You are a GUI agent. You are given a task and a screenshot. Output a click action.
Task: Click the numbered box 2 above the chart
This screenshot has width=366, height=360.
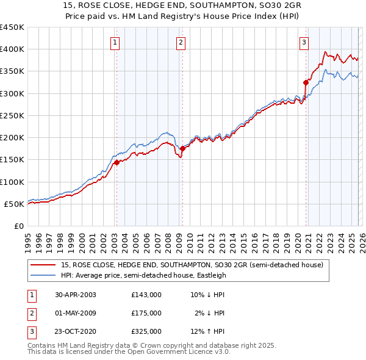pyautogui.click(x=181, y=42)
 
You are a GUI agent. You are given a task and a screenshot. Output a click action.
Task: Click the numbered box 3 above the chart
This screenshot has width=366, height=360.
pyautogui.click(x=304, y=42)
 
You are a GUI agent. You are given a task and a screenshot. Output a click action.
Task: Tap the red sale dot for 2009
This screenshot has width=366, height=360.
pyautogui.click(x=182, y=148)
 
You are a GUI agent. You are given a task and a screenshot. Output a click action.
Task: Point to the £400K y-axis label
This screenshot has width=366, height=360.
pyautogui.click(x=12, y=49)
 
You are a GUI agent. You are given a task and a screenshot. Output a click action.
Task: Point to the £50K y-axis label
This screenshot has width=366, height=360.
pyautogui.click(x=13, y=204)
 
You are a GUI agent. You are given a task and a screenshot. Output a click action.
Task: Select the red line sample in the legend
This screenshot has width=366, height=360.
pyautogui.click(x=44, y=264)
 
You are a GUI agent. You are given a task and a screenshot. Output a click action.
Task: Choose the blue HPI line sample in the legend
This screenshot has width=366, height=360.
pyautogui.click(x=44, y=275)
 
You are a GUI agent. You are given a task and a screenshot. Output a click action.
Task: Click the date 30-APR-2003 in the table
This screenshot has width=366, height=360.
pyautogui.click(x=76, y=295)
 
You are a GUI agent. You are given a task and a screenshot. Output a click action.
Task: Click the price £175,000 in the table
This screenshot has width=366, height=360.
pyautogui.click(x=146, y=313)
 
